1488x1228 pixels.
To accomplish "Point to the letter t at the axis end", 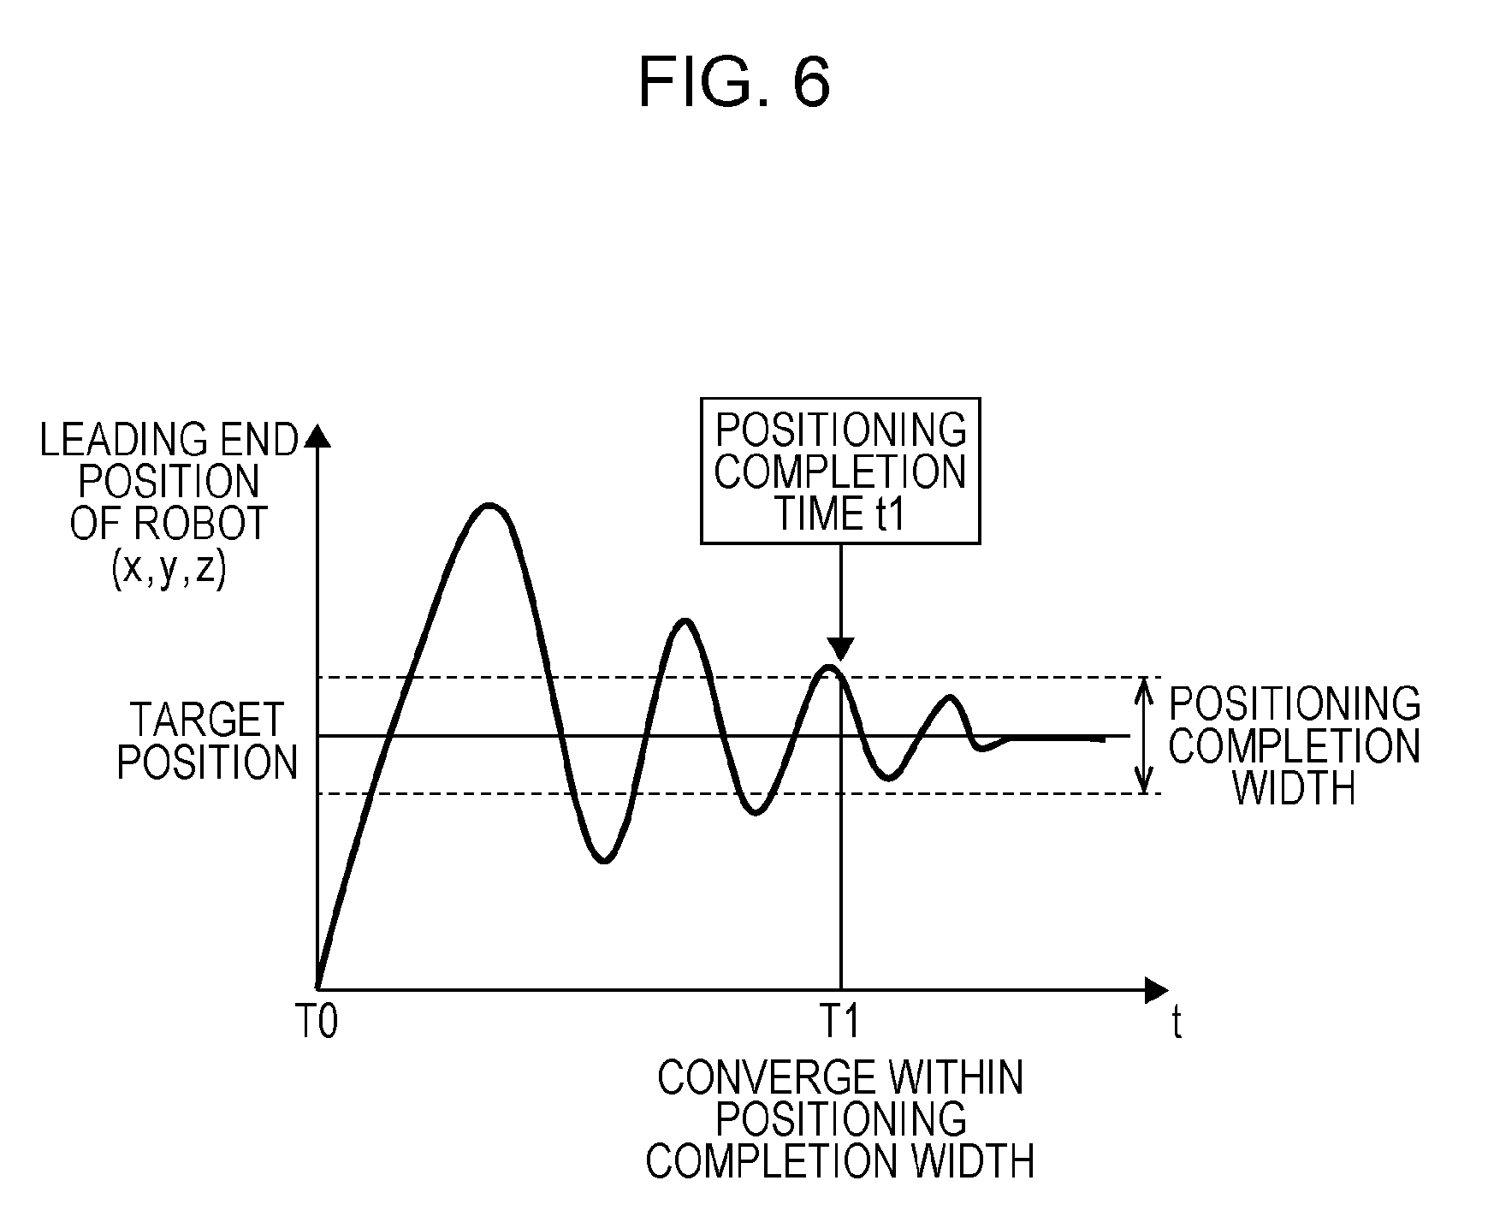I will pos(1177,1023).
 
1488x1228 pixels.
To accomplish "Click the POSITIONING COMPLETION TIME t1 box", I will pos(840,471).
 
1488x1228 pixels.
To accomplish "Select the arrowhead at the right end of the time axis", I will pos(1157,990).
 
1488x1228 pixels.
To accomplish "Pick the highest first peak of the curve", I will pos(489,505).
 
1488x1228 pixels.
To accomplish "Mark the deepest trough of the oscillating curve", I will pos(604,861).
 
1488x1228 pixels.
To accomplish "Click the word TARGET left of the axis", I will pos(206,721).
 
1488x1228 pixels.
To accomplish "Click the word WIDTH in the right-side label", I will pos(1294,788).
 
